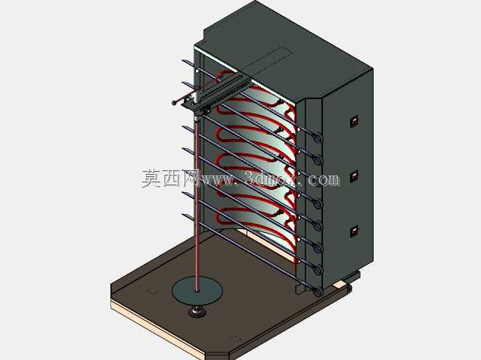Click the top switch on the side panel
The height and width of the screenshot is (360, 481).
point(355,121)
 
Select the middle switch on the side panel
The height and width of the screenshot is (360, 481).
point(355,175)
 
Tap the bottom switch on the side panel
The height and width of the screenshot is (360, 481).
point(355,231)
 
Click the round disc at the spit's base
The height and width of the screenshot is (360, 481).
point(197,290)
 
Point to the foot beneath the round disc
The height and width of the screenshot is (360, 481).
point(197,312)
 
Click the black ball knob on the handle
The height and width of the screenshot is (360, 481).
point(174,103)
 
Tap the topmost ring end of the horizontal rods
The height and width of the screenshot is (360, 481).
point(318,138)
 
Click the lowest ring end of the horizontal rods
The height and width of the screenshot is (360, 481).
point(318,292)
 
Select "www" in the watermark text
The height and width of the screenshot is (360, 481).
point(217,180)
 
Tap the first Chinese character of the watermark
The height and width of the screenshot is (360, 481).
point(151,178)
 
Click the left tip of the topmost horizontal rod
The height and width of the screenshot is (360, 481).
point(183,61)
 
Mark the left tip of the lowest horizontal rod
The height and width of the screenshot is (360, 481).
point(184,215)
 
